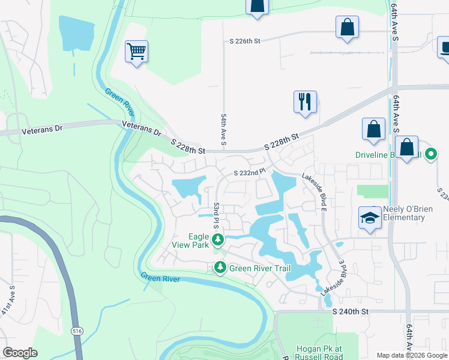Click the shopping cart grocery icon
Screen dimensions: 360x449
136,52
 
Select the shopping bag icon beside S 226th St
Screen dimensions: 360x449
348,27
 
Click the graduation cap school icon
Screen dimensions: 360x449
370,217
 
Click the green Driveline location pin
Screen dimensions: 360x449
430,154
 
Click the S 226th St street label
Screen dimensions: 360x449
245,41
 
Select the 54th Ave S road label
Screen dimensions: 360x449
223,130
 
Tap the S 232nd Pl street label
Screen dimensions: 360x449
249,173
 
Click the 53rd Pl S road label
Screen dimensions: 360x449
215,215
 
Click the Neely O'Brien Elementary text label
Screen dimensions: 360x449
403,213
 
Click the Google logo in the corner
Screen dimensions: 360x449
19,353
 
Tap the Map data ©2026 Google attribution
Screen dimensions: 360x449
412,355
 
